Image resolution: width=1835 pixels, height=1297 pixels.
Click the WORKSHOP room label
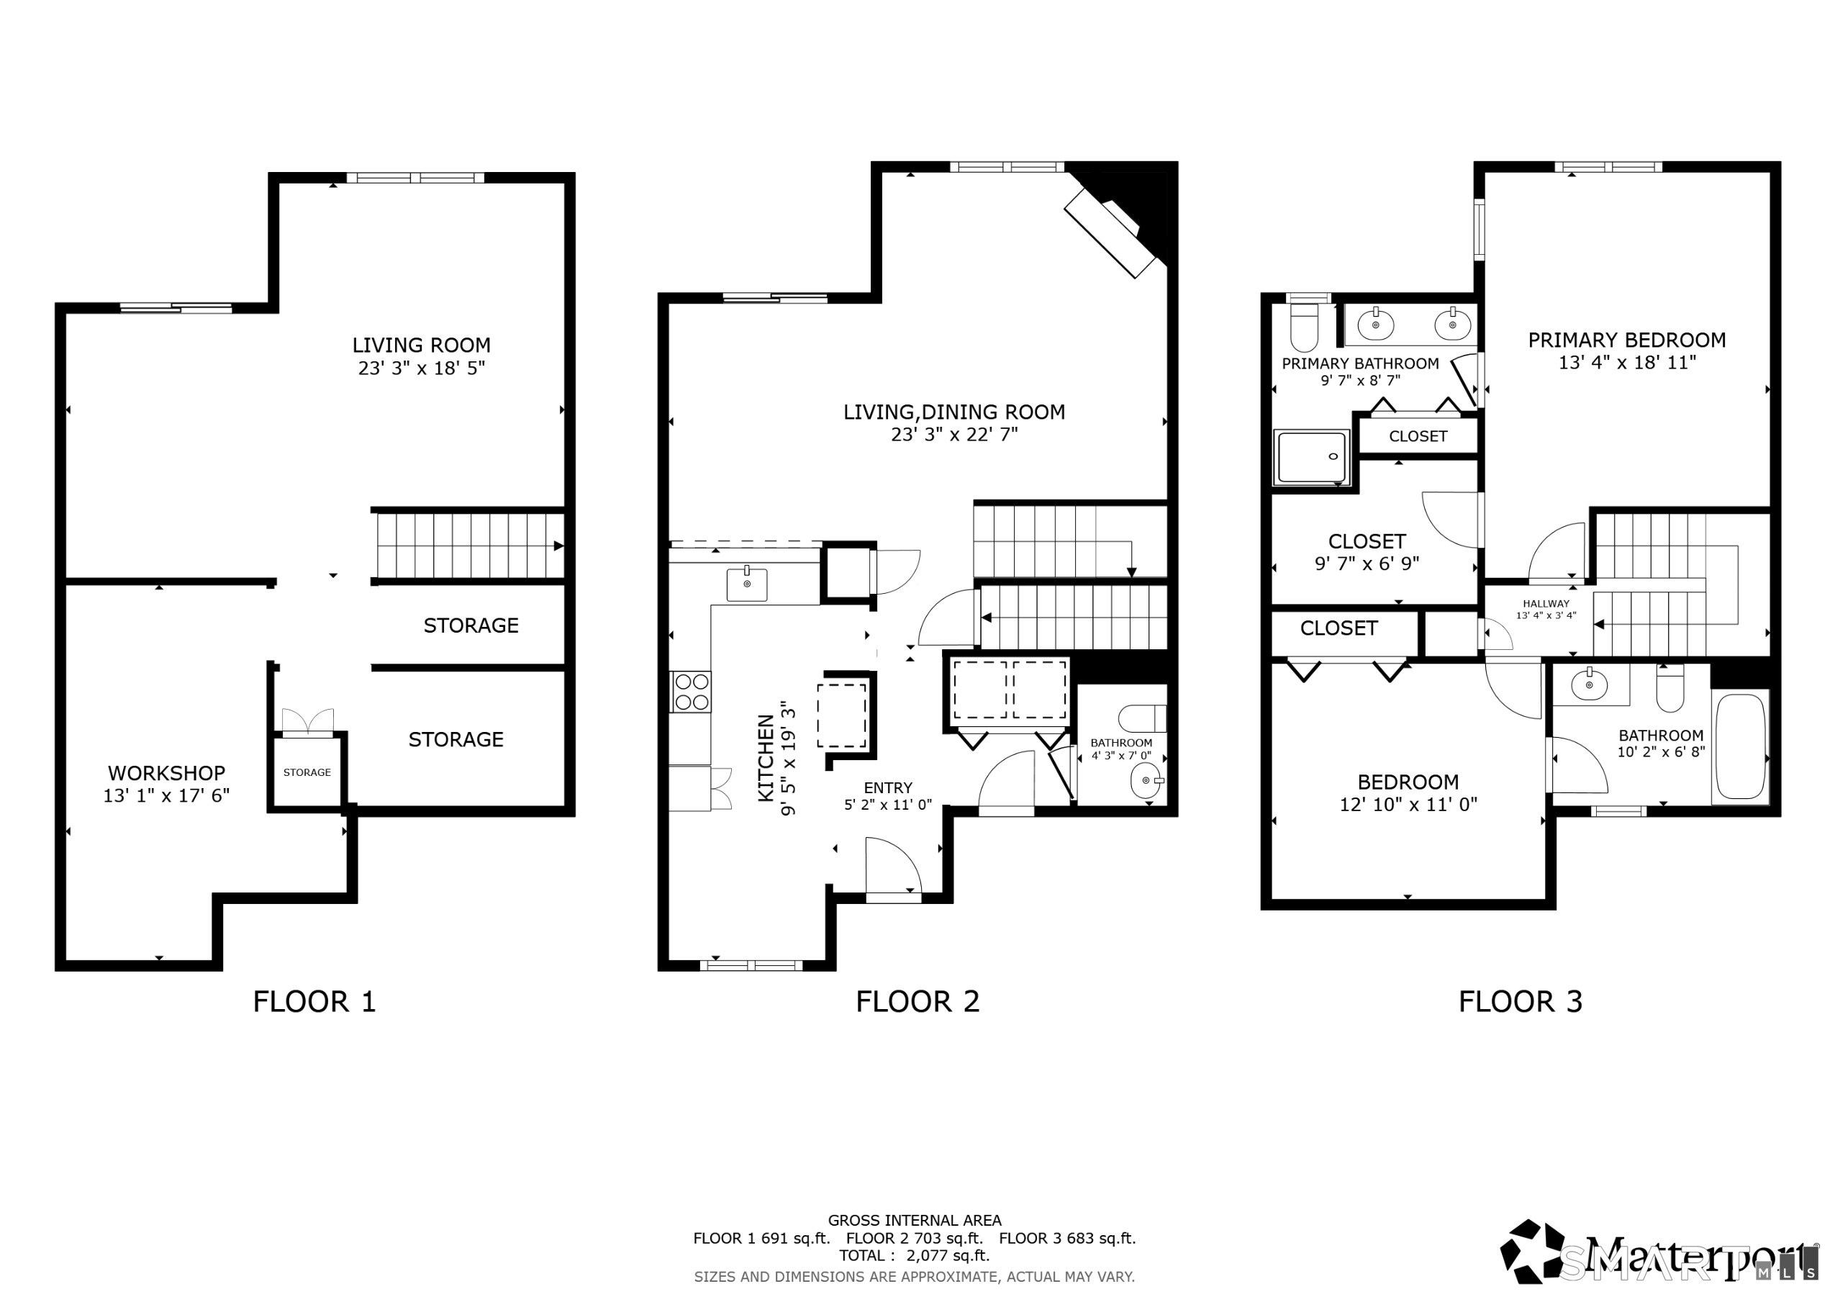(166, 773)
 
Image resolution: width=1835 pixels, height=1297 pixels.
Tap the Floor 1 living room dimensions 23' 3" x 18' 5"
(421, 369)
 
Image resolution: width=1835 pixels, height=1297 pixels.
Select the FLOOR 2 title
(917, 1001)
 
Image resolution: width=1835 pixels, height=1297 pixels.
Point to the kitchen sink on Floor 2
(746, 584)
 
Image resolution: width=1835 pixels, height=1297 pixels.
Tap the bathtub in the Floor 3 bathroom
(1740, 746)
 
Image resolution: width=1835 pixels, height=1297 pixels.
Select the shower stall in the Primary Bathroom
(1312, 457)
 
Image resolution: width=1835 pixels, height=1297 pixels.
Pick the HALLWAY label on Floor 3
(1546, 604)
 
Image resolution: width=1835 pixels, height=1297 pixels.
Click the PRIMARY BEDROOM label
(1626, 340)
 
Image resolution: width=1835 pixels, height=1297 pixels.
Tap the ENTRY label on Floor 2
(887, 788)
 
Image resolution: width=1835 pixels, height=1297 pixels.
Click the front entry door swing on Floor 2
(892, 867)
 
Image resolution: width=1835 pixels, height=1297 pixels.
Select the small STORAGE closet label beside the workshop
(307, 773)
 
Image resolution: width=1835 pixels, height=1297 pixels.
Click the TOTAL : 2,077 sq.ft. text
(915, 1255)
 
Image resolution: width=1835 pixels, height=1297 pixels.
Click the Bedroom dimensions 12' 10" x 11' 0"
(1408, 805)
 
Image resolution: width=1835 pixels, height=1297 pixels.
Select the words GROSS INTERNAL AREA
(915, 1220)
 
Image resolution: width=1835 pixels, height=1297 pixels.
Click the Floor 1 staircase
(470, 546)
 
